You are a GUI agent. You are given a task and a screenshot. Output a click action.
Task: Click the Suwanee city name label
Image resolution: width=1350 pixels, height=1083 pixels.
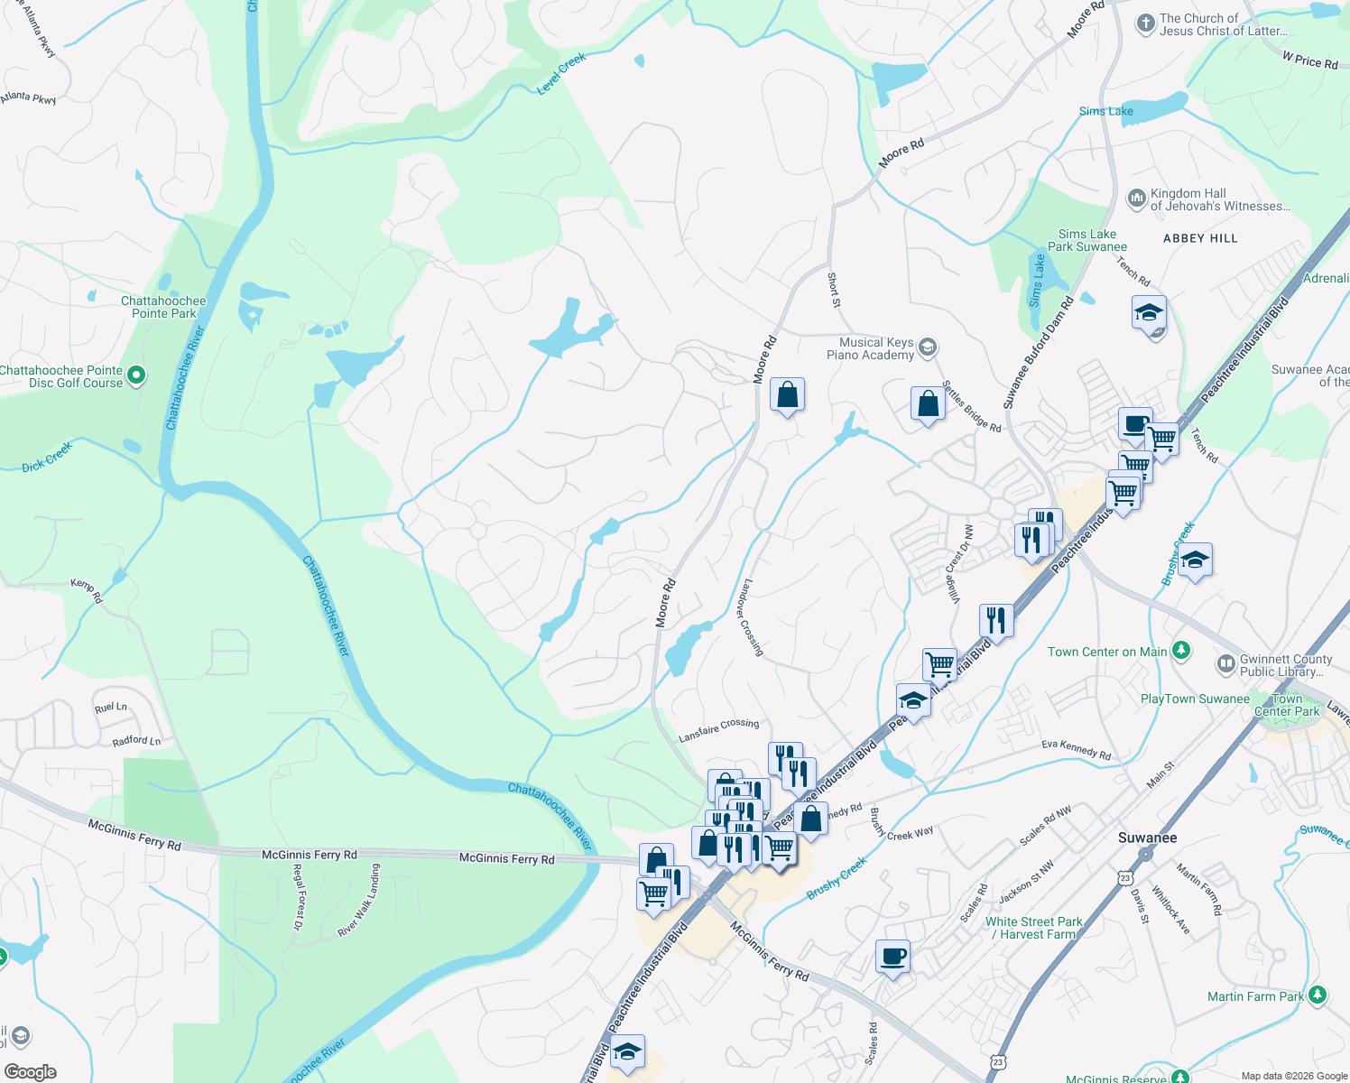point(1147,838)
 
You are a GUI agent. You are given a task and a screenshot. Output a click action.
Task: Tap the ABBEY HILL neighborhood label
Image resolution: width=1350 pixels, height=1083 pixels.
point(1200,238)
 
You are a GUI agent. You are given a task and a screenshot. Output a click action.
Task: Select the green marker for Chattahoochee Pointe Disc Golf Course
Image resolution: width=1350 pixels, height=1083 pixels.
point(136,375)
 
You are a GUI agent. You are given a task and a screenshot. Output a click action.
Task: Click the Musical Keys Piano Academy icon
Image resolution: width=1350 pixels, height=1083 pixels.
point(929,347)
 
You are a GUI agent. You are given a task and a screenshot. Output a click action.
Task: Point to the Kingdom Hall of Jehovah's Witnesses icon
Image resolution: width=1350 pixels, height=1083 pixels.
point(1137,198)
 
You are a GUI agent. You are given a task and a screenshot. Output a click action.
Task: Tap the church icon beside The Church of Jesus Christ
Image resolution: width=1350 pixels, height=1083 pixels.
point(1145,23)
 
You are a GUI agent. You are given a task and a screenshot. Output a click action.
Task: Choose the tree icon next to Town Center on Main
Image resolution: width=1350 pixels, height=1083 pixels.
point(1180,651)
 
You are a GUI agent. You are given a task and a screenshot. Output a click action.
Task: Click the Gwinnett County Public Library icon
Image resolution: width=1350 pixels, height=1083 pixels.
point(1225,664)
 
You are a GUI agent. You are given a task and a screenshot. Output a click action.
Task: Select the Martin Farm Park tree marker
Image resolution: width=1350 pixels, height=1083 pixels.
point(1318,995)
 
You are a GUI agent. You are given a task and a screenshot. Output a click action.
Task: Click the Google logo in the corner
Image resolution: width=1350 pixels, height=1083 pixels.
point(30,1072)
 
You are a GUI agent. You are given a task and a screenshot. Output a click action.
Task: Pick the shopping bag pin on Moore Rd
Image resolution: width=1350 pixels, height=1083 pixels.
point(787,395)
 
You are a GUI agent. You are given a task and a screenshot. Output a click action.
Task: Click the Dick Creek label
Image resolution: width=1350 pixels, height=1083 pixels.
point(47,457)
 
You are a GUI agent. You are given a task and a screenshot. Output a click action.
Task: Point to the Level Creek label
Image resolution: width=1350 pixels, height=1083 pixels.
point(561,73)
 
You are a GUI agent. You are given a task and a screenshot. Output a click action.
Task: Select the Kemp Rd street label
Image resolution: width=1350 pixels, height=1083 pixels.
point(87,591)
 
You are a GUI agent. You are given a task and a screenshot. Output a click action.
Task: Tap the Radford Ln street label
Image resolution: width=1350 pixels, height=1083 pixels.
point(136,741)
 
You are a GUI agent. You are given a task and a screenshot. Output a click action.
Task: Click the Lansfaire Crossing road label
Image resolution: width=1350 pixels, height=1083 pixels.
point(718,730)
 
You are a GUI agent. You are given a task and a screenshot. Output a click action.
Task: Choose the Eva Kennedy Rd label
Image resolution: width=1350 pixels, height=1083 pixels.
point(1076,749)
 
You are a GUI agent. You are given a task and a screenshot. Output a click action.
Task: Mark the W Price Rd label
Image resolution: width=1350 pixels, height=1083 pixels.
point(1310,60)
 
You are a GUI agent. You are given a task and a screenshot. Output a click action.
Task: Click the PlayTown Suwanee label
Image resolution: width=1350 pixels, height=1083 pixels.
point(1195,699)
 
